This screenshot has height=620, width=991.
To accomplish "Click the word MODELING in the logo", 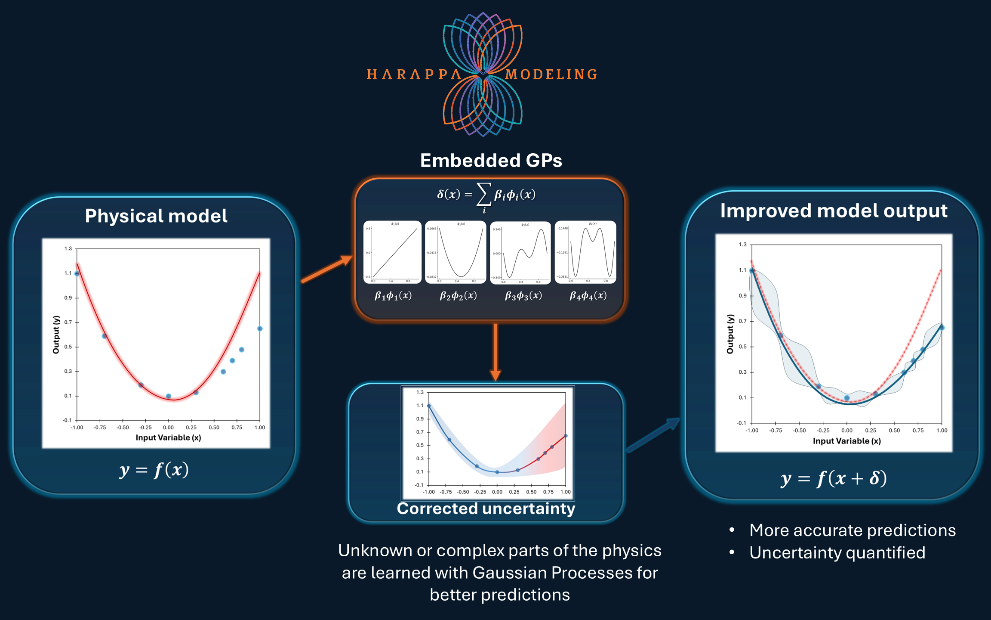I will tap(551, 74).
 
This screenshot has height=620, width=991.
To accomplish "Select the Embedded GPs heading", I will tap(491, 161).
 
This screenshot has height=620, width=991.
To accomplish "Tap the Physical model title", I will tap(156, 216).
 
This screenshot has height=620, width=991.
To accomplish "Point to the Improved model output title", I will tap(834, 211).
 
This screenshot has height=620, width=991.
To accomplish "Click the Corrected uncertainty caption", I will tap(486, 508).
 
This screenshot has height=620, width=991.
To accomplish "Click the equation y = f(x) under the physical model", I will tap(154, 469).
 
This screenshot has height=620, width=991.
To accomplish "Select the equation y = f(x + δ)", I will tap(834, 478).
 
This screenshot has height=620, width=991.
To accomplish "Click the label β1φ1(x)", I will tap(393, 295).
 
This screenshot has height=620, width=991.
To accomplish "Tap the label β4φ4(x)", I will tap(588, 295).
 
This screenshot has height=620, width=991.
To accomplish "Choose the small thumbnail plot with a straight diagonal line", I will tap(392, 252).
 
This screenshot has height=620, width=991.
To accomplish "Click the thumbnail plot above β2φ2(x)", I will tap(455, 252).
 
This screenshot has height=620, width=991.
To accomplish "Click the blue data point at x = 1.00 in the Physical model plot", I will tap(260, 329).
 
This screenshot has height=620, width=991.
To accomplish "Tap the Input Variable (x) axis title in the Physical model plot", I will tap(168, 437).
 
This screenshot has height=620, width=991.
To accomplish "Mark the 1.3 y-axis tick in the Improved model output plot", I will tap(743, 245).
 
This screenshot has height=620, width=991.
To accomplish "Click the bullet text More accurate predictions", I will tap(853, 530).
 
